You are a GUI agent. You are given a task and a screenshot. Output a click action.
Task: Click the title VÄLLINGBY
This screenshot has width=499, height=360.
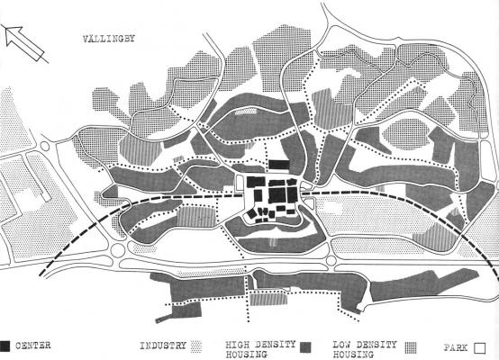coord(109,39)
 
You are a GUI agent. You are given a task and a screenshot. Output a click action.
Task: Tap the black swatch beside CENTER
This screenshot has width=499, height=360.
coord(5,346)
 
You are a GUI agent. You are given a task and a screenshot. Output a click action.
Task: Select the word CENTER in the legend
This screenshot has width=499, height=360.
coord(32,346)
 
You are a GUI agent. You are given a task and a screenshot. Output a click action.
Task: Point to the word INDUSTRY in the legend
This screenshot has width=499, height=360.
coord(163,346)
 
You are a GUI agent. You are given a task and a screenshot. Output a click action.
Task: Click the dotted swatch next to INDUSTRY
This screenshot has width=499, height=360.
coord(196,346)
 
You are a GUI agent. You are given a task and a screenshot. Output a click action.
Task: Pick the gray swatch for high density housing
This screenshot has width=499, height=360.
coord(306,347)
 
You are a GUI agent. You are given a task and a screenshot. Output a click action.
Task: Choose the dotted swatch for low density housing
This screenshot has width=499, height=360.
coord(411,347)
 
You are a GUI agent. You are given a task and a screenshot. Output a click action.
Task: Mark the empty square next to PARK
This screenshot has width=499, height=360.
coord(479,348)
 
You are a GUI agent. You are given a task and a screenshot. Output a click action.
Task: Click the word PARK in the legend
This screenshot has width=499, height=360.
coord(456,347)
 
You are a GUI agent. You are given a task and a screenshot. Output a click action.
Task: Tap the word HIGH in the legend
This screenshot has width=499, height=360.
coord(238,345)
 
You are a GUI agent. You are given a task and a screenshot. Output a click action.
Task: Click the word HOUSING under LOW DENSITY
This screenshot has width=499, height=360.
coord(353,354)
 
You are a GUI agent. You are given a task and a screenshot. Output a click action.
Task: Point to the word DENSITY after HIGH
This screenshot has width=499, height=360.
coord(276,345)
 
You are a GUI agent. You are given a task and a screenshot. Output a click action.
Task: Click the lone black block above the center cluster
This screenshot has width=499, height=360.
coord(279,165)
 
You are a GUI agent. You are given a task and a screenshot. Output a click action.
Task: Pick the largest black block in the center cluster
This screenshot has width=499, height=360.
coord(277,195)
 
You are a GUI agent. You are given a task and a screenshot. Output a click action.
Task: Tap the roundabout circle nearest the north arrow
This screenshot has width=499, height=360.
coord(45,147)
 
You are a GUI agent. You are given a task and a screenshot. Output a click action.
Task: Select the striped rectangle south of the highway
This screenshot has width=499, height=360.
coord(268,300)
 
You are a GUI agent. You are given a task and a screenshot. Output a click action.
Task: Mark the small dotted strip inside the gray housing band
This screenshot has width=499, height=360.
coord(246,111)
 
